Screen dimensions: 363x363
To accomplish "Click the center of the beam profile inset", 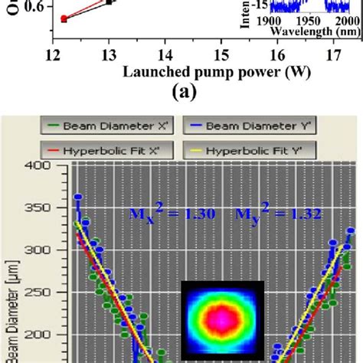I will point(222,316).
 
